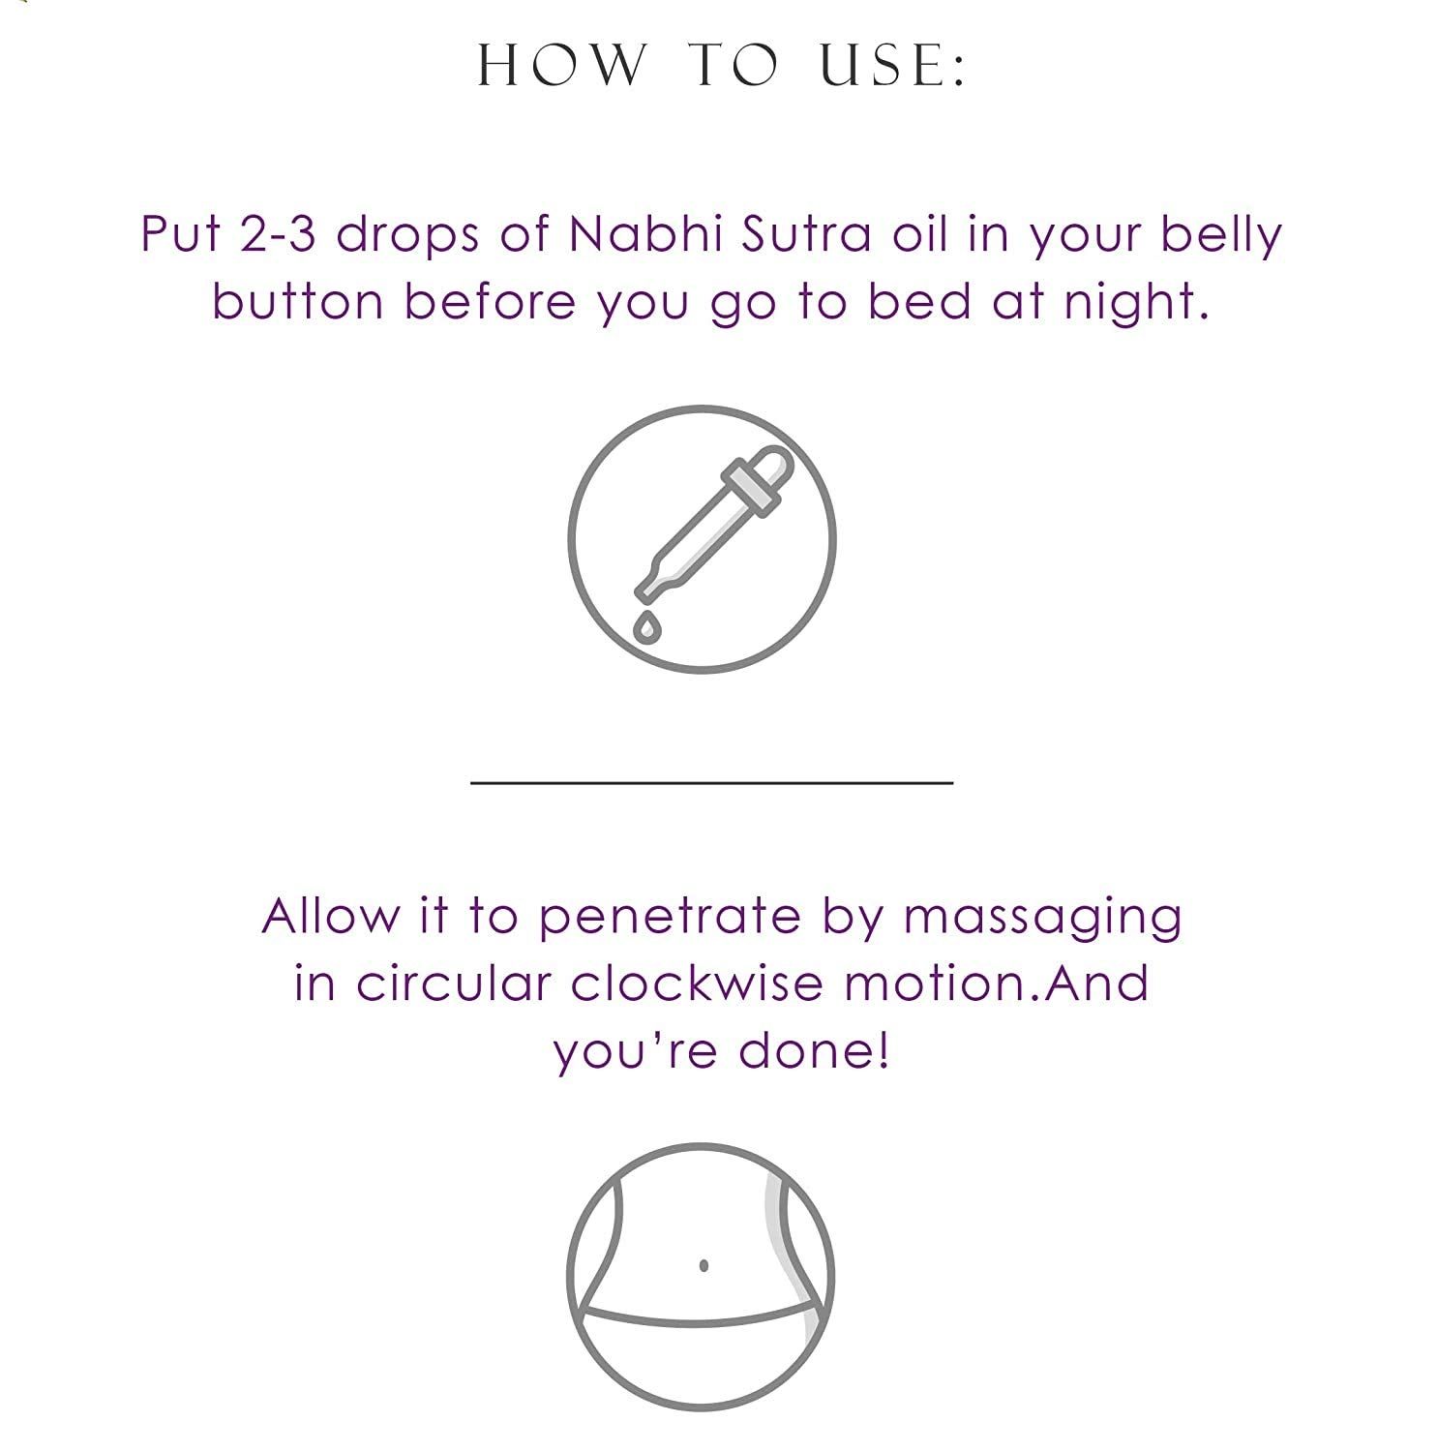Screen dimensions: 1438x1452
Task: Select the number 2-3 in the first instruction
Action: (277, 233)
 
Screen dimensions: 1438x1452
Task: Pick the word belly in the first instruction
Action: (1221, 235)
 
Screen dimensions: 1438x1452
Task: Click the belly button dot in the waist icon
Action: (704, 1264)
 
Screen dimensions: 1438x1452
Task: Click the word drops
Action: (407, 235)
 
